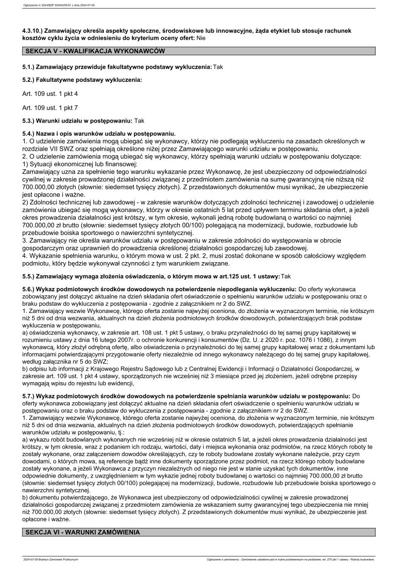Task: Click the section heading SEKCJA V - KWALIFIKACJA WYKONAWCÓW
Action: click(95, 51)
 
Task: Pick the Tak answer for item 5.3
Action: click(139, 121)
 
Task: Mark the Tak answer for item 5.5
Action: click(286, 276)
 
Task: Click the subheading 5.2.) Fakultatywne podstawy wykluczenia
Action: click(82, 80)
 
